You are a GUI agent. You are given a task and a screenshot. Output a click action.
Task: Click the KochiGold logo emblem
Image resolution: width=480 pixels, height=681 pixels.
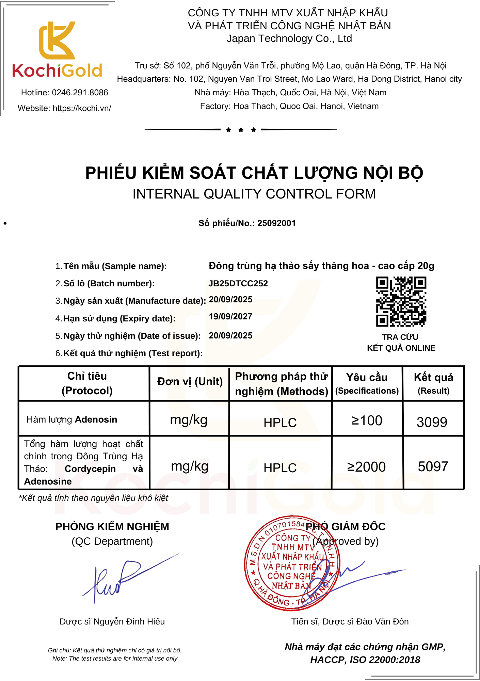[x=57, y=41]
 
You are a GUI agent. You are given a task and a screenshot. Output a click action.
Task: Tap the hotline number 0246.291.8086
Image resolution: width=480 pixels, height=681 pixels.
[x=80, y=93]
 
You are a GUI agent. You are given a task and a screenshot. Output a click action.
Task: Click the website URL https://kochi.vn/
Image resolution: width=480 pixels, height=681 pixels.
[x=82, y=108]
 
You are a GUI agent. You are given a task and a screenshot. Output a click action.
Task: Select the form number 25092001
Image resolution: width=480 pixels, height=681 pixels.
[x=276, y=223]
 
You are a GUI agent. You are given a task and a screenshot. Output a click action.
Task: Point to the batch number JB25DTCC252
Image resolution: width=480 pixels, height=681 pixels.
[x=238, y=284]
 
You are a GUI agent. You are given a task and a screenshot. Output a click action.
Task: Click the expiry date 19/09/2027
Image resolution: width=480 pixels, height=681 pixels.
[x=230, y=317]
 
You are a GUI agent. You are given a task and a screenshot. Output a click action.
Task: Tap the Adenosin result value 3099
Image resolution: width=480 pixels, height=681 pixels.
[x=432, y=422]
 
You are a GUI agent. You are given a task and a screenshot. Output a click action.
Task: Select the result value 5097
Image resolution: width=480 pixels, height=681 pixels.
[x=433, y=466]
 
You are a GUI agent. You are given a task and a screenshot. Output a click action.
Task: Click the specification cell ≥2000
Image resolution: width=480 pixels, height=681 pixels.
[x=366, y=467]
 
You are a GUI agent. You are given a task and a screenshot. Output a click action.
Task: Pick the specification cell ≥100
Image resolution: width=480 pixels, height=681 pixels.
[x=367, y=421]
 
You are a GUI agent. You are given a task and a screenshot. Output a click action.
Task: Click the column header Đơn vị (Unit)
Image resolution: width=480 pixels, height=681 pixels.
[x=190, y=382]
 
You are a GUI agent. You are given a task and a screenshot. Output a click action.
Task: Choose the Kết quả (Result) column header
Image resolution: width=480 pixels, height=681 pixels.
[x=433, y=383]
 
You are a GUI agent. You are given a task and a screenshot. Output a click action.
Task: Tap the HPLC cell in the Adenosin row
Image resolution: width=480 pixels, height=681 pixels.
[x=280, y=423]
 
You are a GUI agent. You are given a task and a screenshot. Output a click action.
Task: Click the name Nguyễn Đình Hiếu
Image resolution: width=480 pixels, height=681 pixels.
[x=129, y=622]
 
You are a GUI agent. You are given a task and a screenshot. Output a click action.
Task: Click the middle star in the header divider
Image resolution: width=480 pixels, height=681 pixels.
[x=241, y=130]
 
